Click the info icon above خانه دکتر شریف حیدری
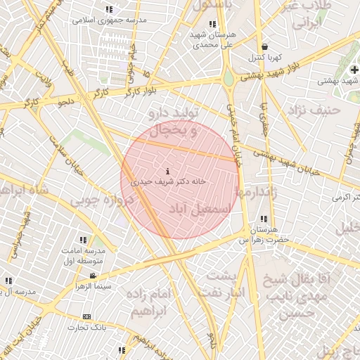(x=167, y=172)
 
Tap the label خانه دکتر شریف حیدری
(x=168, y=181)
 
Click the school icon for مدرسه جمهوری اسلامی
(x=109, y=9)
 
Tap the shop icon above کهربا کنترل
(x=264, y=46)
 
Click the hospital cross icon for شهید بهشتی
(x=355, y=70)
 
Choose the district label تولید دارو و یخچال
(x=172, y=121)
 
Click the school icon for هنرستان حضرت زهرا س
(x=264, y=219)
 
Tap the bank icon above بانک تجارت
(x=86, y=317)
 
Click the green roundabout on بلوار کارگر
(x=229, y=78)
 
